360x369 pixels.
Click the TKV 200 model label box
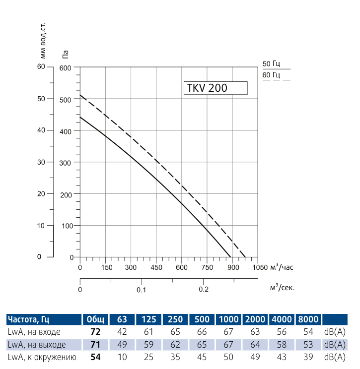coord(215,88)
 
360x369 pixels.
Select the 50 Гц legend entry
coord(272,63)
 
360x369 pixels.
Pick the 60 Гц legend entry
coord(272,75)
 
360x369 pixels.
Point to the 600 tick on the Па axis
coord(66,67)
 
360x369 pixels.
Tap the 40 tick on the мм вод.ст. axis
coord(41,130)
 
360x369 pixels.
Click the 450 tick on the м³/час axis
coord(156,268)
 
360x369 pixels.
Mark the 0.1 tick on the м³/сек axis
coord(141,290)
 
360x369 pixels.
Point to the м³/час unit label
coord(282,268)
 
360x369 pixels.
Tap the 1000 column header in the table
coord(229,319)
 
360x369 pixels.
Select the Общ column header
coord(95,319)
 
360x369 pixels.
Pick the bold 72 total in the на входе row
coord(95,331)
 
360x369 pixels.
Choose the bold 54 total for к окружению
coord(95,356)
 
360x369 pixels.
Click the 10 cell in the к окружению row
coord(123,356)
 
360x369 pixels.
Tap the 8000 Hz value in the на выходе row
coord(309,344)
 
